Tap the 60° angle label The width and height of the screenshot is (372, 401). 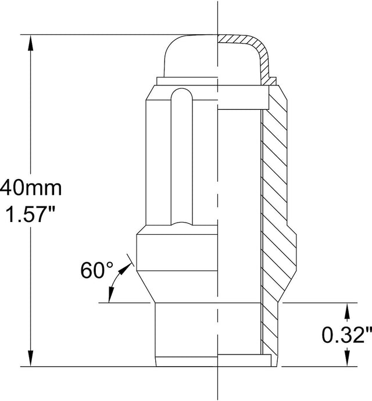(96, 271)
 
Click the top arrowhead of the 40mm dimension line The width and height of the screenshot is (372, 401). (30, 41)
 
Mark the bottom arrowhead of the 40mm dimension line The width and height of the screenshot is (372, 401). (30, 360)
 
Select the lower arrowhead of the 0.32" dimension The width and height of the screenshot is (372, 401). (347, 361)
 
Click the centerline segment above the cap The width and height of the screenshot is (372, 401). (218, 15)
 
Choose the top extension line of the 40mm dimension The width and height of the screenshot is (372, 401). (116, 34)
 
